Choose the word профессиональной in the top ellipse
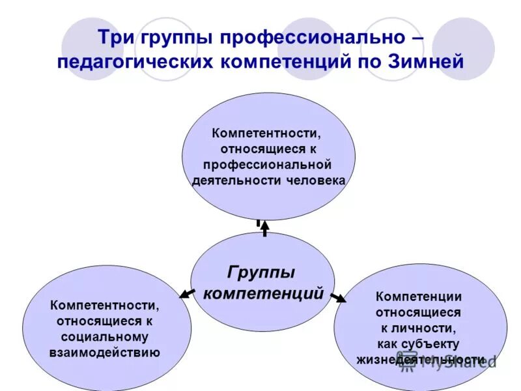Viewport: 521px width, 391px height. pos(267,164)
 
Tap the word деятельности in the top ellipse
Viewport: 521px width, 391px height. pos(236,179)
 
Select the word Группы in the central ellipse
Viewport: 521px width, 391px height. pos(261,271)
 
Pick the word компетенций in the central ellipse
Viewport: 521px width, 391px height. pos(263,293)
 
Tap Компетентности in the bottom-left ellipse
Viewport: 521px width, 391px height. pos(104,305)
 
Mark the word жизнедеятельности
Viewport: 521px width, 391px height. pos(419,359)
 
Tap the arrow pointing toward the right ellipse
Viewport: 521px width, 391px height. pos(338,298)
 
